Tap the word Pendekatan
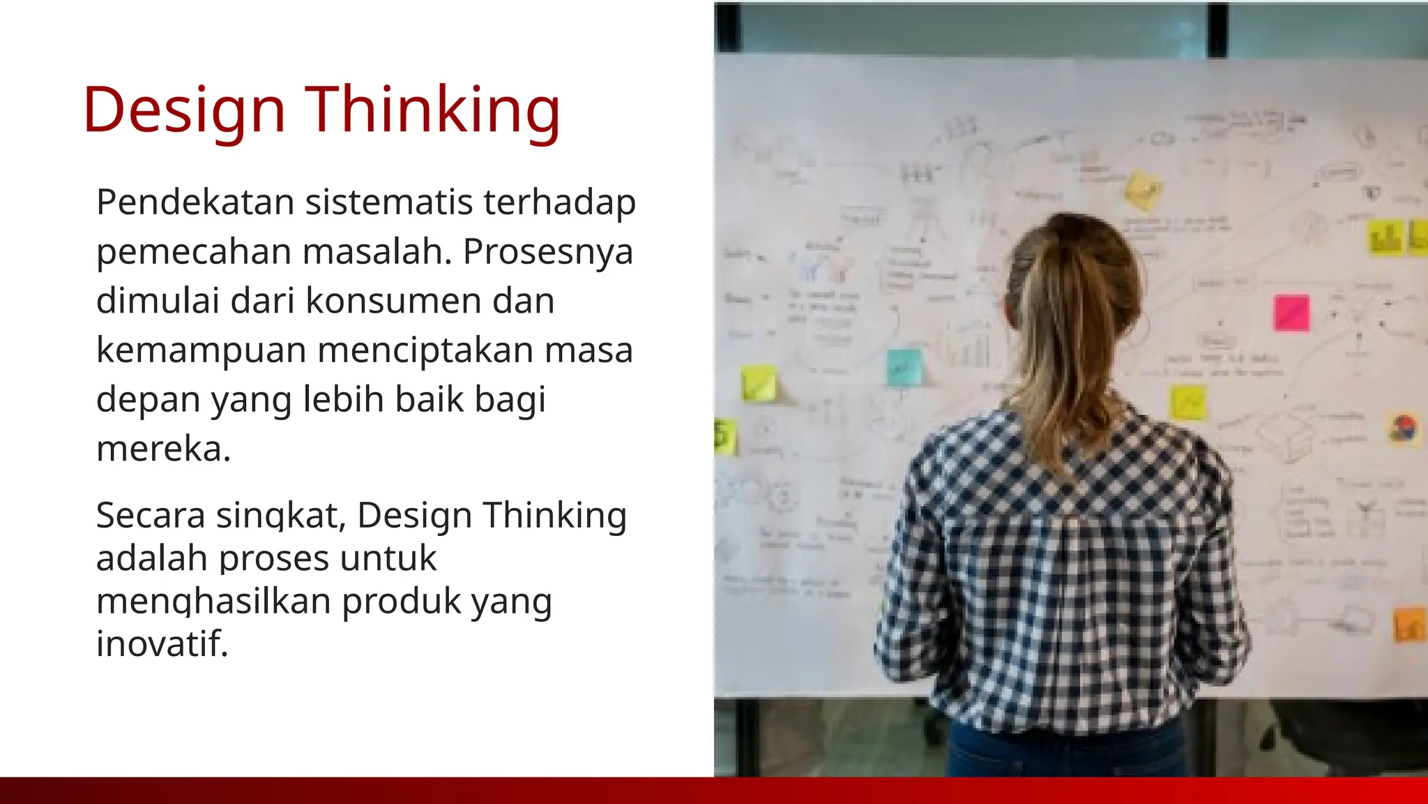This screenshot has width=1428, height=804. click(x=195, y=202)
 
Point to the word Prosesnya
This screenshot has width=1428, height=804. click(x=547, y=251)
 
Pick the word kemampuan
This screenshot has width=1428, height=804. click(x=201, y=350)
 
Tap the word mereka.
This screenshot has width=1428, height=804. click(x=163, y=448)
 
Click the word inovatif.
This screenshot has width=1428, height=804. click(x=162, y=643)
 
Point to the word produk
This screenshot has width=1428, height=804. click(x=402, y=601)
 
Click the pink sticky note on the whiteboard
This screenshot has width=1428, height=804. click(x=1291, y=313)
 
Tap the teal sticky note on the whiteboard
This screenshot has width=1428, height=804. click(x=904, y=367)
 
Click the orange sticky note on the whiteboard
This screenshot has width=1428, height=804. click(x=1408, y=625)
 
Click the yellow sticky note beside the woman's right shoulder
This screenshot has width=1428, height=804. click(x=1187, y=403)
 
